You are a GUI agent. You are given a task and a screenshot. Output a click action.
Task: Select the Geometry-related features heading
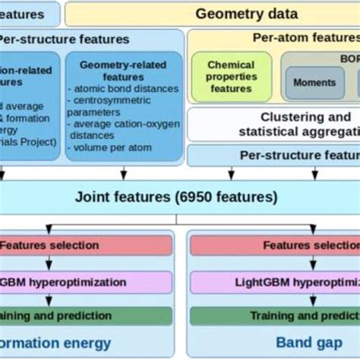(x=124, y=72)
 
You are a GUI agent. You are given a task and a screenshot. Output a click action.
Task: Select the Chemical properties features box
(x=231, y=77)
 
